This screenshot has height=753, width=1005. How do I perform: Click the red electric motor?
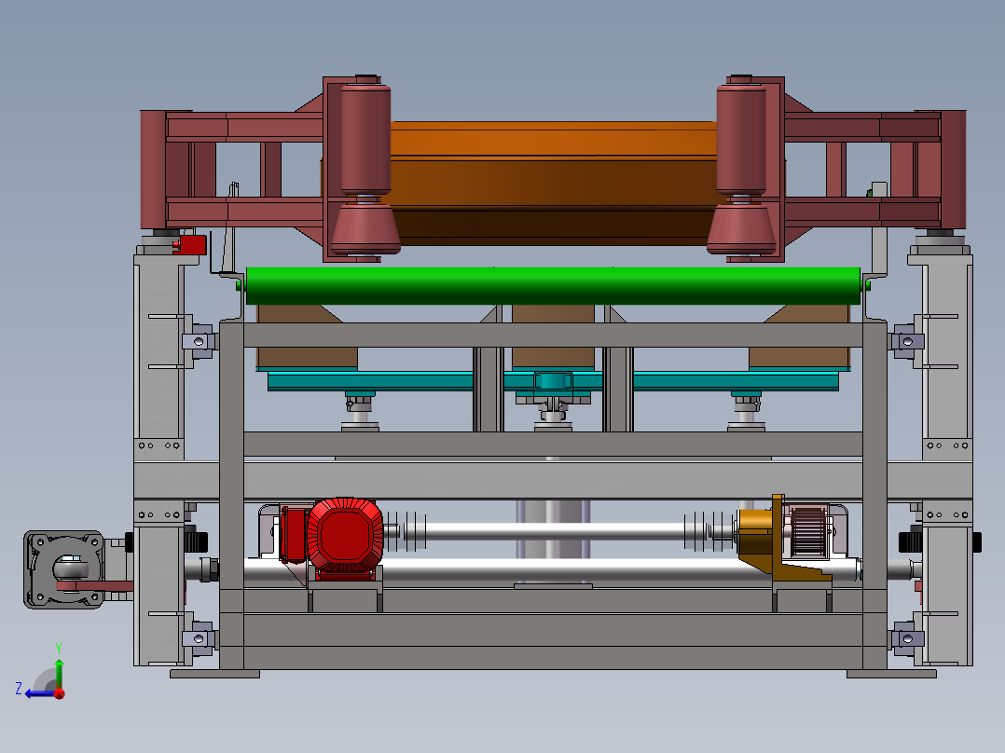345,535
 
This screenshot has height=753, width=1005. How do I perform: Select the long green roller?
553,285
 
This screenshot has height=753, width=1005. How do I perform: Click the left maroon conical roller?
365,228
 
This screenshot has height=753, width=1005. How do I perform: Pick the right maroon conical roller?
741,228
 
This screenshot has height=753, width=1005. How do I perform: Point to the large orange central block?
553,184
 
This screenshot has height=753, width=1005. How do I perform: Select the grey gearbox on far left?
64,569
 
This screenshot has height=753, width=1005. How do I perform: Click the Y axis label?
59,648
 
